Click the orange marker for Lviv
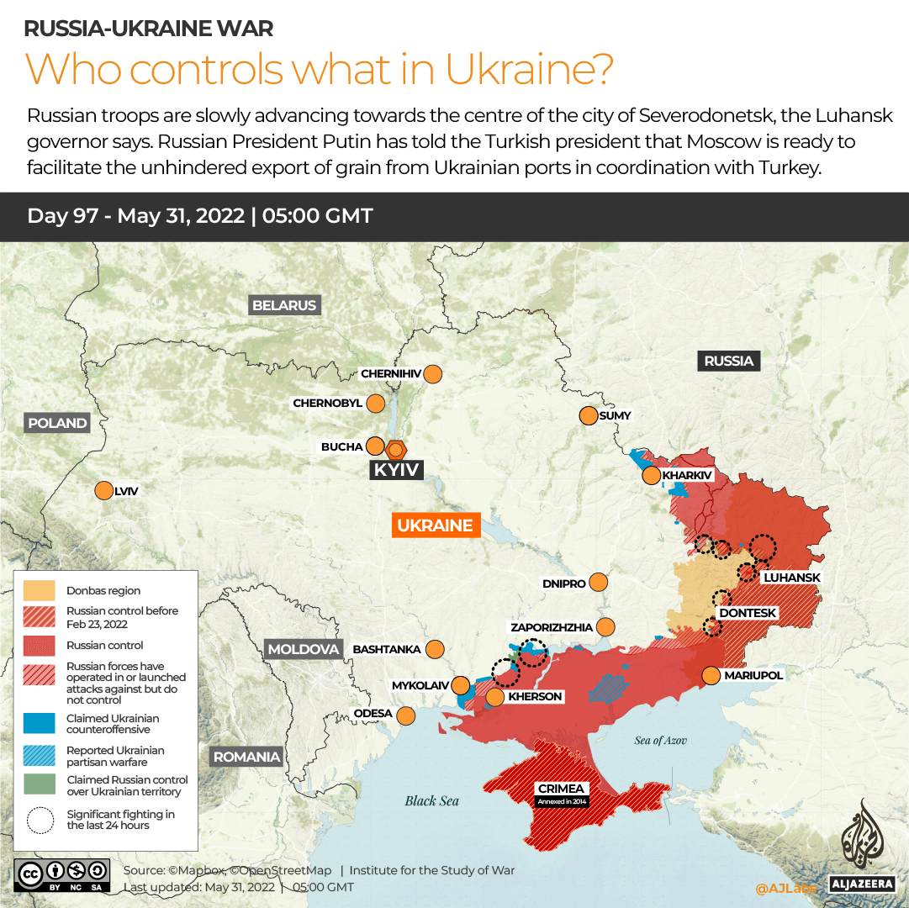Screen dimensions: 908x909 [x=104, y=491]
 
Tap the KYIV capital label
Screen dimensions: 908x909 [x=395, y=470]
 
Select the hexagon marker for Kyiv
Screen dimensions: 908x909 [x=396, y=449]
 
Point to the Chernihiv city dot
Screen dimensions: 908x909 [x=434, y=374]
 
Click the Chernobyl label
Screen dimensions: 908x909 [x=327, y=404]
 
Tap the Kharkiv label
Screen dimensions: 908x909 [x=688, y=476]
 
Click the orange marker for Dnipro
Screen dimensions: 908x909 [x=599, y=583]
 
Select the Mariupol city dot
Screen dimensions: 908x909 [x=711, y=675]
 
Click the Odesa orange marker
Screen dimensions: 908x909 [x=406, y=715]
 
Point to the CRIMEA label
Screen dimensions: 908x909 [x=562, y=789]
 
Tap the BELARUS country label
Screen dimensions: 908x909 [x=284, y=305]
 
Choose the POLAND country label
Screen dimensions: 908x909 [x=57, y=423]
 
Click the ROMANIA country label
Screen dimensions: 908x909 [x=246, y=757]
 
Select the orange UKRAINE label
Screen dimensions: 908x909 [x=436, y=525]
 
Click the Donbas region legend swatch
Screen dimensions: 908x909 [x=40, y=590]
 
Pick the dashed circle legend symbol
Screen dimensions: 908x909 [x=40, y=820]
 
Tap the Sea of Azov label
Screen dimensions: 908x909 [x=660, y=741]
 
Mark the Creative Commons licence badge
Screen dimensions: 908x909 [x=61, y=874]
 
